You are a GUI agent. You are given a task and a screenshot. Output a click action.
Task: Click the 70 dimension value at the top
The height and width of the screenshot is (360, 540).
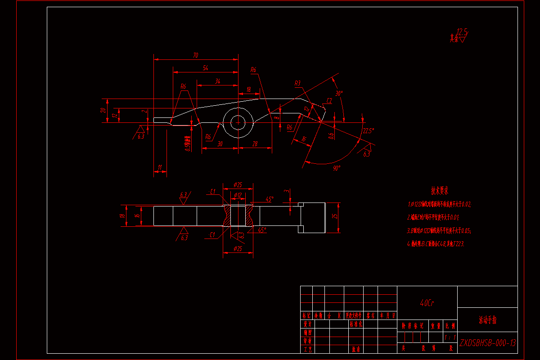pos(195,55)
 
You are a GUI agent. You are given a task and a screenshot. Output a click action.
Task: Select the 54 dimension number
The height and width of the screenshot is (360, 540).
pos(206,68)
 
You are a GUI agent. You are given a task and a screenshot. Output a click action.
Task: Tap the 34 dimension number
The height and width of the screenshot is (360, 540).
pos(218,81)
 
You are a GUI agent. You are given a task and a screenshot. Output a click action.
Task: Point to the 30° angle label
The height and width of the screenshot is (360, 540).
pos(339,94)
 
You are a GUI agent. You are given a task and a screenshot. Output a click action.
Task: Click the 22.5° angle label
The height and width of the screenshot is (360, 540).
pos(368,131)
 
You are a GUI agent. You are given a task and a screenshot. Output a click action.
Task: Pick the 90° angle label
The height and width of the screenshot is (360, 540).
pos(337,167)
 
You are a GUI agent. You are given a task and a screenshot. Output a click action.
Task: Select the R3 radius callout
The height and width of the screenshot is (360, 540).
pos(297,83)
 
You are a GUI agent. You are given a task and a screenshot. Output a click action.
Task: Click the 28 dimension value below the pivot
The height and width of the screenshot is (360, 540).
pos(255,144)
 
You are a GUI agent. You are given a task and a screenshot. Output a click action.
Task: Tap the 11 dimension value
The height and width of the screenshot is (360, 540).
pos(160,167)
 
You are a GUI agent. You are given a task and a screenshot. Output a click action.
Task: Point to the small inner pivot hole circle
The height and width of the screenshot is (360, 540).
pos(238,122)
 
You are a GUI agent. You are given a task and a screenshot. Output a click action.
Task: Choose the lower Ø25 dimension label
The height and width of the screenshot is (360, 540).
pos(238,249)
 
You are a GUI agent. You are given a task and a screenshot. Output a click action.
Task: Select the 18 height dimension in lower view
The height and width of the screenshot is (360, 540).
pos(122,216)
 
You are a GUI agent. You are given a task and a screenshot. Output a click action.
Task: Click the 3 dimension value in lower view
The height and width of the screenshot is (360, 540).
pos(286,191)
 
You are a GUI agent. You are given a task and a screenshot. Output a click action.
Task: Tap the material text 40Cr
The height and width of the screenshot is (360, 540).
pos(427,303)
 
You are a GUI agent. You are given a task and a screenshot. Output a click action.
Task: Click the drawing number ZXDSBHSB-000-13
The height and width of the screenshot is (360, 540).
pos(487,343)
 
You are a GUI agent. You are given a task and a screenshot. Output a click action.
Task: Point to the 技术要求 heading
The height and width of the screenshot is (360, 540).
pos(440,190)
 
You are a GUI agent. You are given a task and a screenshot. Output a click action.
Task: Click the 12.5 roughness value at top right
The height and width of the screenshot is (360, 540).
pos(462,31)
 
